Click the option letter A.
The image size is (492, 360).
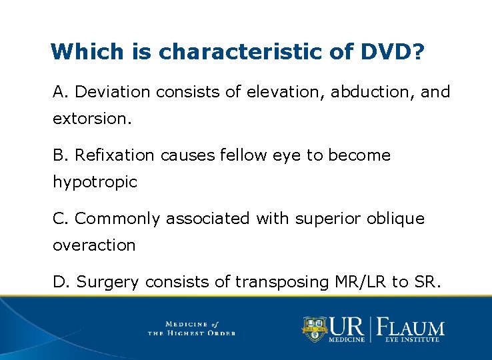[x=59, y=91]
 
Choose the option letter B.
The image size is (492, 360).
[x=59, y=155]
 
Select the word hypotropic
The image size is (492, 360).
[x=95, y=182]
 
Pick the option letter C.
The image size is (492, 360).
[x=59, y=218]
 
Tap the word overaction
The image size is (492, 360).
[x=94, y=245]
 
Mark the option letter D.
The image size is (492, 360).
[x=59, y=282]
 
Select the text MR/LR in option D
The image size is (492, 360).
[x=358, y=282]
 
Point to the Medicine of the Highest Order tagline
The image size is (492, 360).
[x=191, y=328]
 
